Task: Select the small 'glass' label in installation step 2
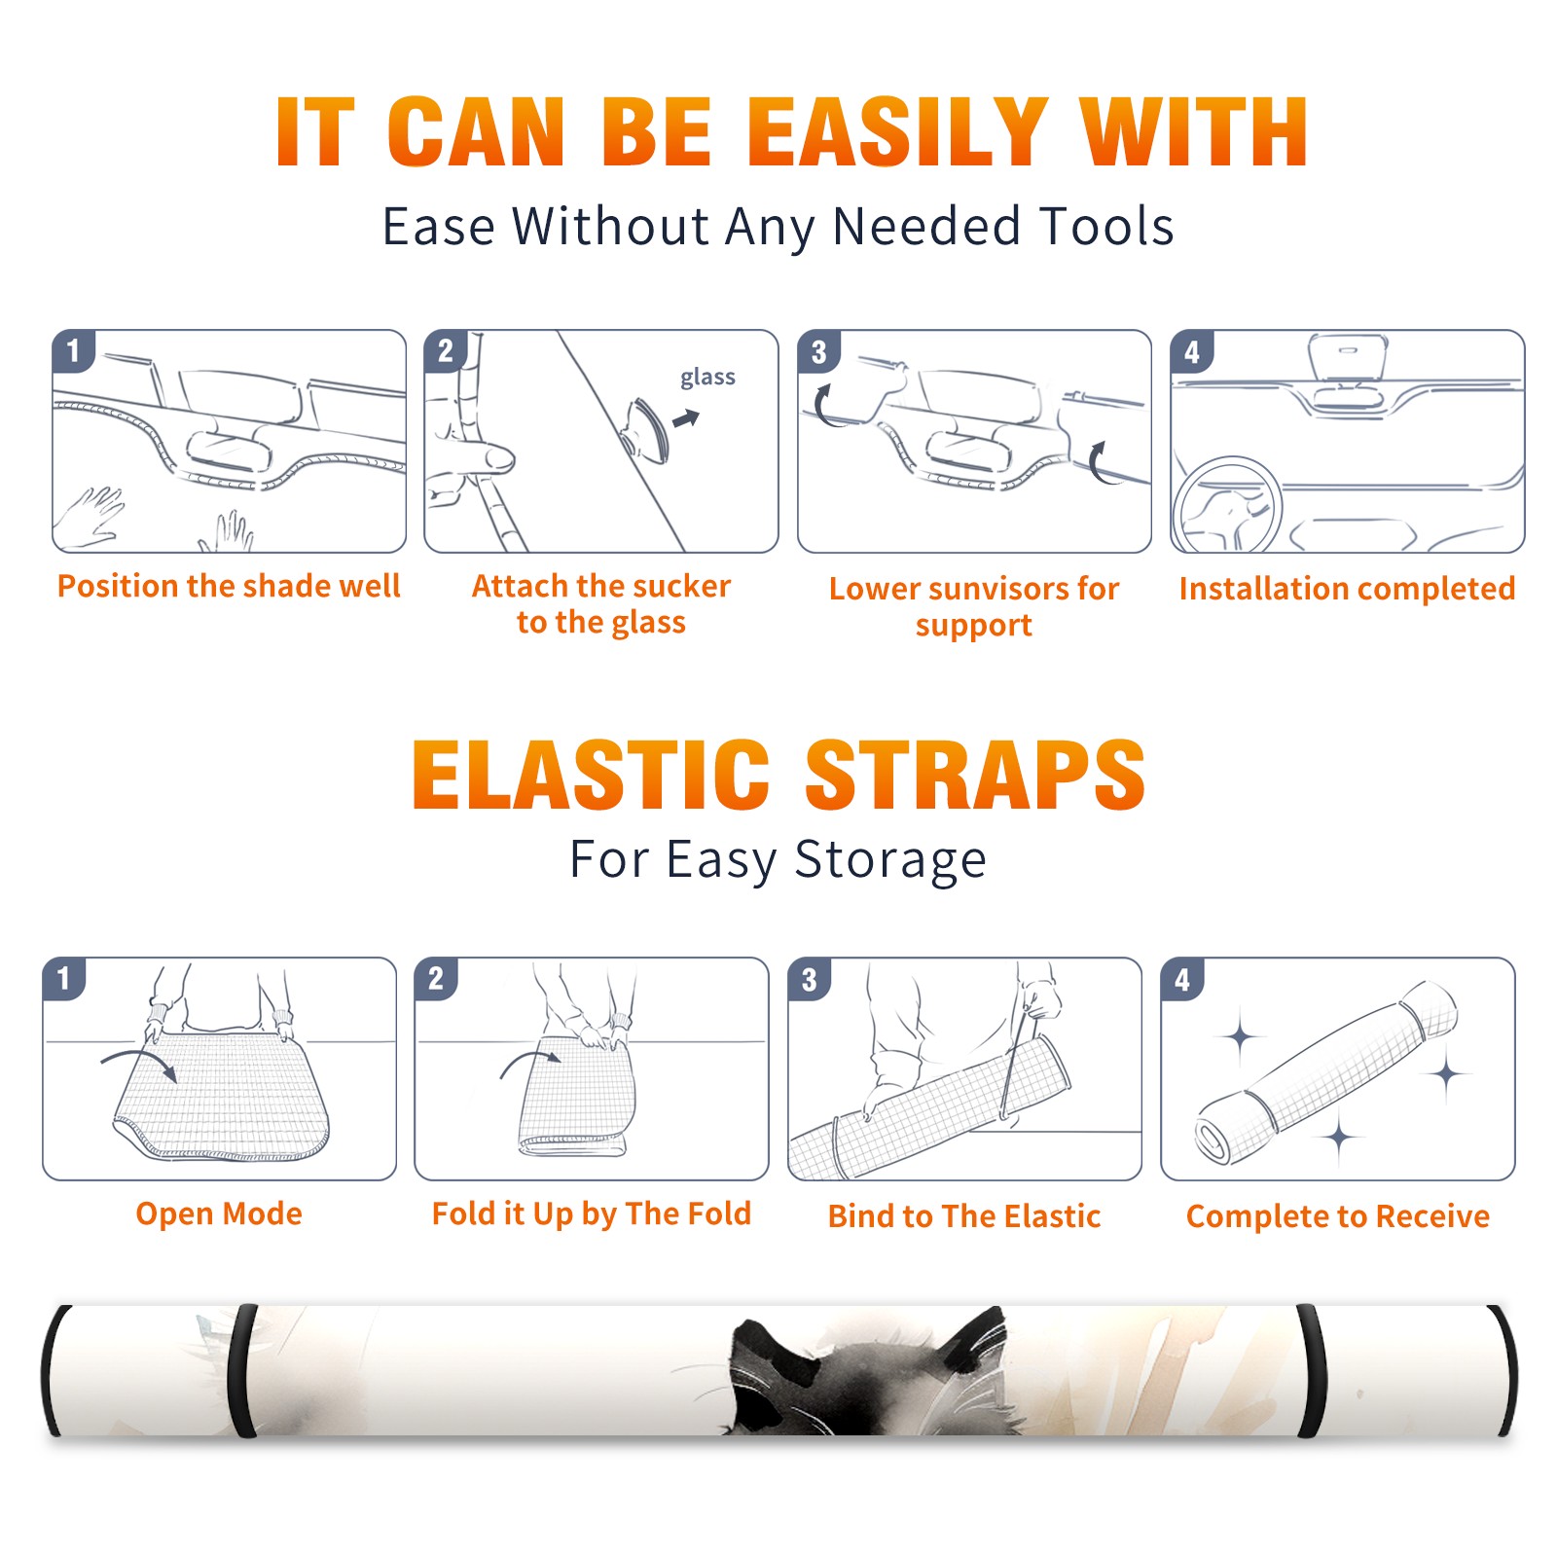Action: pyautogui.click(x=707, y=378)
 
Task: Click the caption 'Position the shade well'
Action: pyautogui.click(x=229, y=586)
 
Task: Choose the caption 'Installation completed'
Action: pyautogui.click(x=1347, y=588)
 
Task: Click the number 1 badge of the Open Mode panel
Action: pyautogui.click(x=64, y=978)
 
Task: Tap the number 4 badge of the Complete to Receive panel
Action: pyautogui.click(x=1182, y=979)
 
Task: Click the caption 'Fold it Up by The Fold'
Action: pyautogui.click(x=592, y=1213)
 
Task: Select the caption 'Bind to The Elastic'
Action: pyautogui.click(x=964, y=1215)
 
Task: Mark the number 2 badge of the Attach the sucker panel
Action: pyautogui.click(x=446, y=350)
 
